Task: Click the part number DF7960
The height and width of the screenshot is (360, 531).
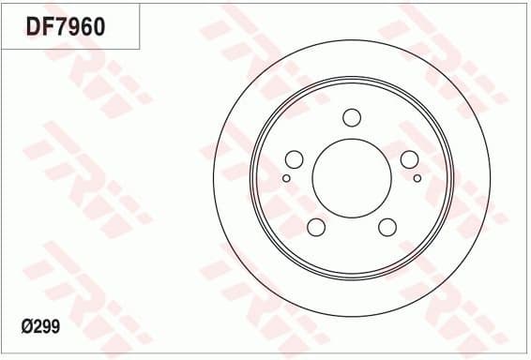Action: (x=65, y=26)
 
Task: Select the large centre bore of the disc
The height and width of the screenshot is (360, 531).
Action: (x=352, y=178)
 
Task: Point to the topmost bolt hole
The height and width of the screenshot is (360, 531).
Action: (x=352, y=117)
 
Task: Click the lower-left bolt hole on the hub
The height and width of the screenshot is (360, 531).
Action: (x=316, y=227)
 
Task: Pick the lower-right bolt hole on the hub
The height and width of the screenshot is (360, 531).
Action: (x=387, y=227)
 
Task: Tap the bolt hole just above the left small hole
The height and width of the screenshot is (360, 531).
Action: (x=294, y=159)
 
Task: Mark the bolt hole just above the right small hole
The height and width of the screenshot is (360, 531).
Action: (x=410, y=159)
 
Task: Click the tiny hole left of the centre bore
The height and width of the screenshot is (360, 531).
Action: (x=286, y=177)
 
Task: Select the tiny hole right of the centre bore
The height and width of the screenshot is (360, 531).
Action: (x=417, y=177)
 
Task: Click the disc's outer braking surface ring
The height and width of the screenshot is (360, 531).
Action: (x=235, y=178)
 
